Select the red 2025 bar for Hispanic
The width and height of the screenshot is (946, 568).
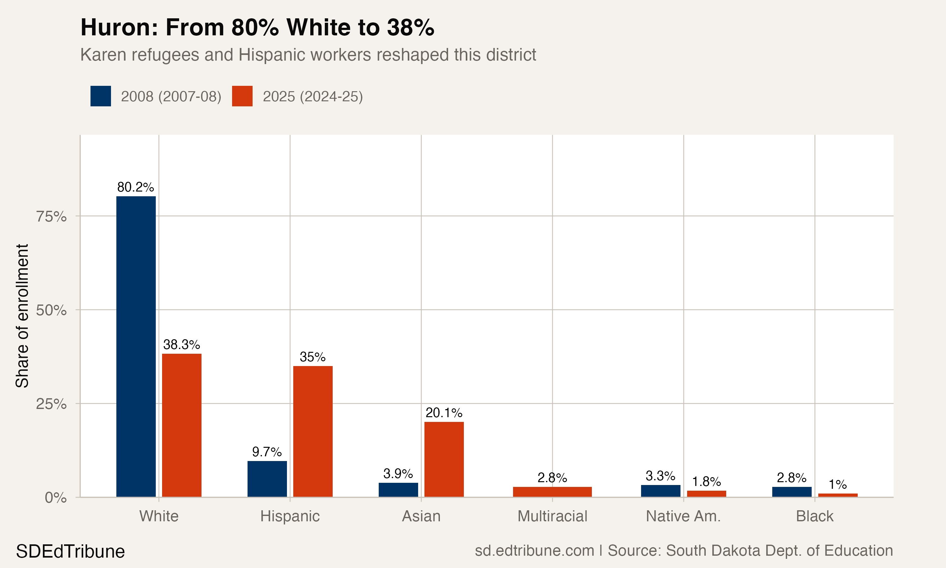313,431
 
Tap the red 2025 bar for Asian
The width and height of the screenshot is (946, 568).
444,459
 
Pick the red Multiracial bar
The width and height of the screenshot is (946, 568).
552,492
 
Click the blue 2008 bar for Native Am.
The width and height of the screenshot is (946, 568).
660,491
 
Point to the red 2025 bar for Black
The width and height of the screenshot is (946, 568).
838,495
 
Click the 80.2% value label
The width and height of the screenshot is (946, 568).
135,187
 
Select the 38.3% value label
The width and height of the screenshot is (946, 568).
181,345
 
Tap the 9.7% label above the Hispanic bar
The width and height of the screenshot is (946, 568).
266,452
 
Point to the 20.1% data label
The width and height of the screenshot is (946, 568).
444,413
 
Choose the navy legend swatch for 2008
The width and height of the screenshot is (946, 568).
101,96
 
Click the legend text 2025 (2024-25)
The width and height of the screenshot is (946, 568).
312,97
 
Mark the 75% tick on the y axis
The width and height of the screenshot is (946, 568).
51,217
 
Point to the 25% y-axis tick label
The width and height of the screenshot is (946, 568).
51,404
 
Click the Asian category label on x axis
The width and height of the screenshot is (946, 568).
421,516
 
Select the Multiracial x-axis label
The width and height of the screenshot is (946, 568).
552,516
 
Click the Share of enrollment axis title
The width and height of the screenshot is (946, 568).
22,316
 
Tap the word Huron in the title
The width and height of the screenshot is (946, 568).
119,27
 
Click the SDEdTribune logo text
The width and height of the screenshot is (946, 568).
70,552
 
